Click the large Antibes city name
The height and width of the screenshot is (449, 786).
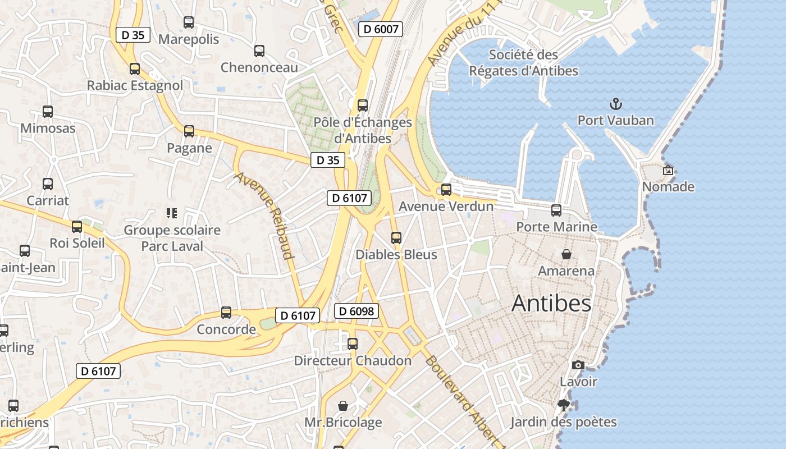[x=551, y=304]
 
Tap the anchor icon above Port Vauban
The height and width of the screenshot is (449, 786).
[x=616, y=104]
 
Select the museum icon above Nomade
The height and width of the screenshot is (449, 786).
[x=668, y=170]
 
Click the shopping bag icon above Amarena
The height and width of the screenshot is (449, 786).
[x=566, y=254]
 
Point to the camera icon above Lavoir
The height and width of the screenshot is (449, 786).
[x=578, y=365]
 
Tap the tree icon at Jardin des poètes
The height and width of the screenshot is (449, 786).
[x=564, y=405]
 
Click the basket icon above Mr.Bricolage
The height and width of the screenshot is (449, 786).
[x=343, y=405]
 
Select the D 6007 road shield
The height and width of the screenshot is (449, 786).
[x=381, y=29]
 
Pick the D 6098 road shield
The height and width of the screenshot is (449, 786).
[x=357, y=311]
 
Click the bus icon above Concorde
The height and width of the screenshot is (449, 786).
[x=226, y=313]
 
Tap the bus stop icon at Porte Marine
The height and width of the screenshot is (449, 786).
[x=556, y=210]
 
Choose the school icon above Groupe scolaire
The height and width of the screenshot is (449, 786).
[x=172, y=213]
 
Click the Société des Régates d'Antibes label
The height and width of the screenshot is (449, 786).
[x=523, y=63]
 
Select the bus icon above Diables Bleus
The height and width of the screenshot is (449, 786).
[x=396, y=238]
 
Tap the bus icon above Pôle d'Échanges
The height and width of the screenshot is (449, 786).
[x=363, y=106]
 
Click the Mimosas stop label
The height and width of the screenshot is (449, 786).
[x=48, y=128]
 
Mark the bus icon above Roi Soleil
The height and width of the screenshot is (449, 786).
[x=77, y=227]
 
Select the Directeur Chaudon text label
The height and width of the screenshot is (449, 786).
[x=353, y=360]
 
